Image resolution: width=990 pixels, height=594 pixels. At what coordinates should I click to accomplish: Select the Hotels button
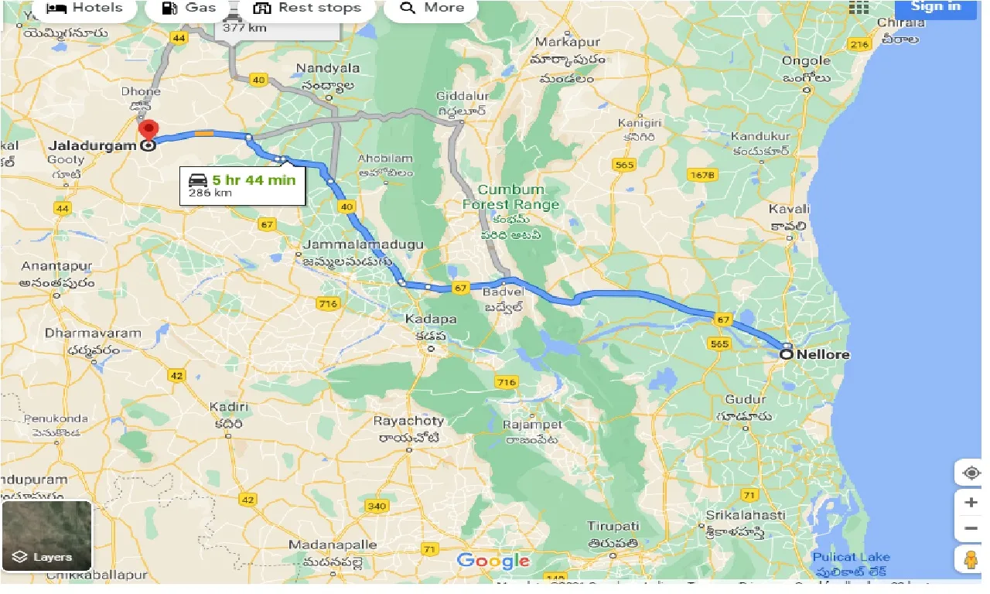pos(84,9)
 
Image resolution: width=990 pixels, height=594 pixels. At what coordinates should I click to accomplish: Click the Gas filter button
pos(190,9)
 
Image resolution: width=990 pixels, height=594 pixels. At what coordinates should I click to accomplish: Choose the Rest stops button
pos(307,9)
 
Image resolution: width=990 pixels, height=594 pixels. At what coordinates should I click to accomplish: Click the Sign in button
pos(936,7)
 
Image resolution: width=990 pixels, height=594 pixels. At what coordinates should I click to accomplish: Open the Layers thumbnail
pos(47,535)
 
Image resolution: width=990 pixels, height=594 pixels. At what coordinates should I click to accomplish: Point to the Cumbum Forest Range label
pos(510,197)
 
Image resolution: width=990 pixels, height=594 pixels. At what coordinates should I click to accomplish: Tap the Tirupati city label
pos(613,527)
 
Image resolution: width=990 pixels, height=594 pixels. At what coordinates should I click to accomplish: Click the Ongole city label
pos(806,60)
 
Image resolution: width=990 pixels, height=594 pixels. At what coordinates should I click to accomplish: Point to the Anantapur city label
pos(56,266)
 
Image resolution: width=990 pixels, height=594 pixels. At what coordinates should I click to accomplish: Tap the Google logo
pos(493,561)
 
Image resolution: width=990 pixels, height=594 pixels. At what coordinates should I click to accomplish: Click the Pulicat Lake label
pos(851,557)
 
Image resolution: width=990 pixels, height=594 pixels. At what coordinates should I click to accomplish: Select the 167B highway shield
pos(702,176)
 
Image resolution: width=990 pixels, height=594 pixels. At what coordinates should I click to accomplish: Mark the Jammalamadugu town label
pos(362,244)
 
